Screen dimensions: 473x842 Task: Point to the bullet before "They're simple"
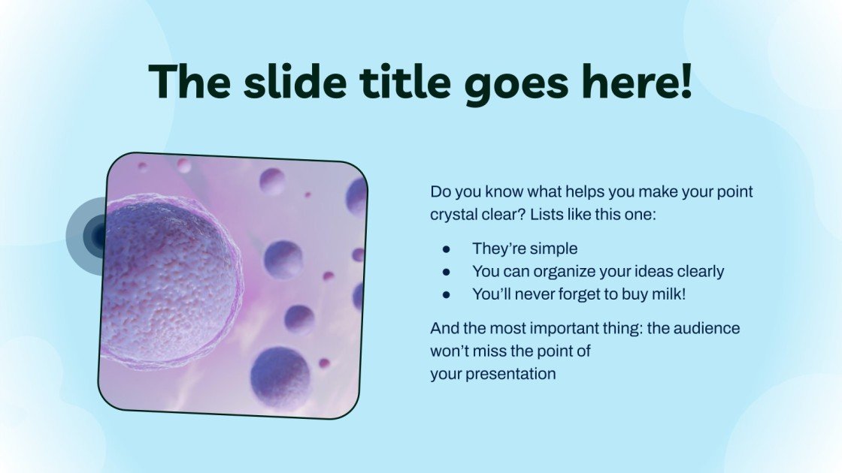(447, 249)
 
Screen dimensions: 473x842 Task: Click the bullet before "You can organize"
(447, 272)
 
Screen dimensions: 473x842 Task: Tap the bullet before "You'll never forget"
(447, 295)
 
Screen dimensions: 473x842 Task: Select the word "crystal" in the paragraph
(453, 215)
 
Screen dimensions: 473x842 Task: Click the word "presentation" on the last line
(510, 374)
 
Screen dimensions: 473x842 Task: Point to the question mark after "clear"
(522, 215)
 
